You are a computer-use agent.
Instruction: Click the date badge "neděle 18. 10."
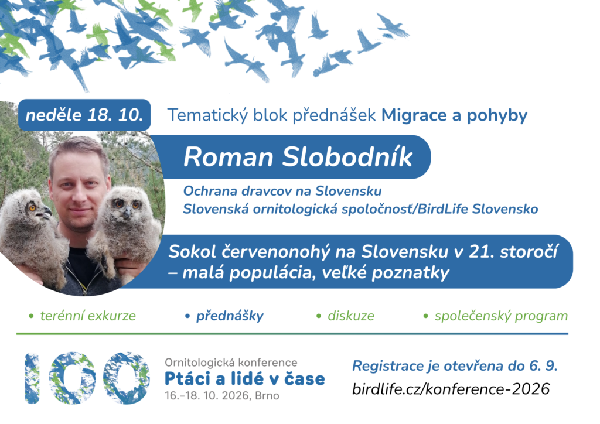pos(84,115)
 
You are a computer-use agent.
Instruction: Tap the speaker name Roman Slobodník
pos(298,157)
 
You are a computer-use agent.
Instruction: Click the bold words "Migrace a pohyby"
pos(454,115)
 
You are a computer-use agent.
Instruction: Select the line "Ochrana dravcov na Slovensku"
pos(282,190)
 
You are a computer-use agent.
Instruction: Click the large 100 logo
pos(87,378)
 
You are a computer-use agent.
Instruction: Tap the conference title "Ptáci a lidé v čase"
pos(244,378)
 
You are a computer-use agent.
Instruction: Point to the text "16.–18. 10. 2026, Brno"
pos(222,395)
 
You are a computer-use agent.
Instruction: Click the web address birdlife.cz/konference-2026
pos(451,389)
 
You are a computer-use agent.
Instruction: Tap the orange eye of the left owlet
pos(32,207)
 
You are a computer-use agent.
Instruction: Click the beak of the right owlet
pos(127,213)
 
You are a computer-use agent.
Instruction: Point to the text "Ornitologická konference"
pos(231,362)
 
